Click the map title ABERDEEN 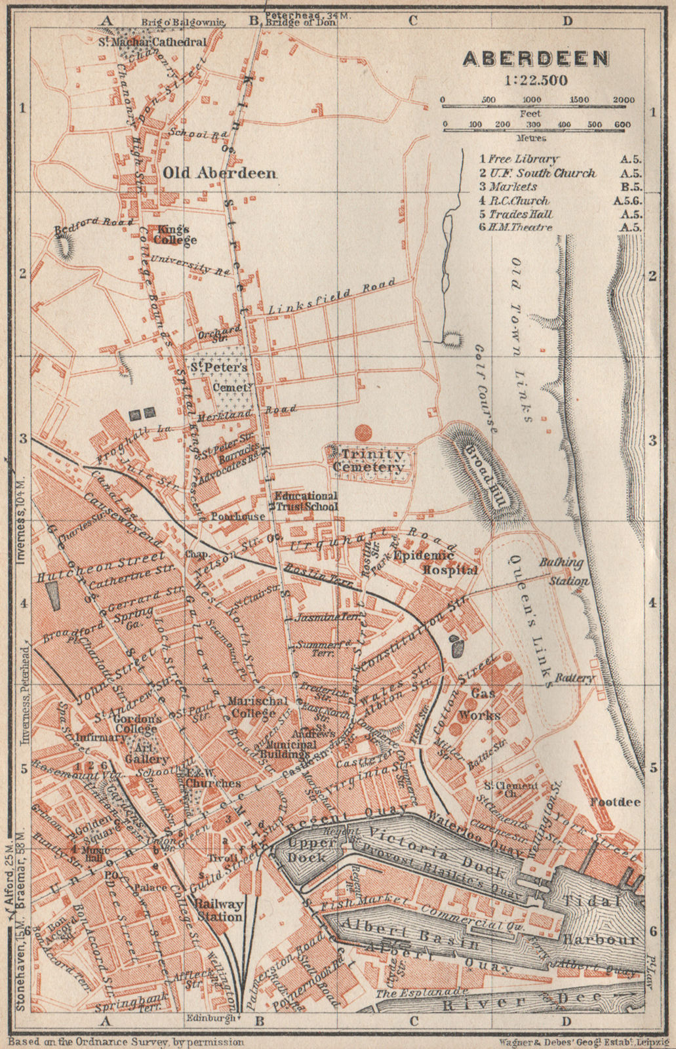(x=536, y=59)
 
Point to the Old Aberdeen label (x=219, y=173)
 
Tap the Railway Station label (x=218, y=910)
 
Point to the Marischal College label (x=257, y=707)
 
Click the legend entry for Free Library (x=519, y=159)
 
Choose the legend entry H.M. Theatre (x=519, y=228)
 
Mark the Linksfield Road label (x=332, y=296)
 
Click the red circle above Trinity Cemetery (x=362, y=432)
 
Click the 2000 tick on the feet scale (x=624, y=100)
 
